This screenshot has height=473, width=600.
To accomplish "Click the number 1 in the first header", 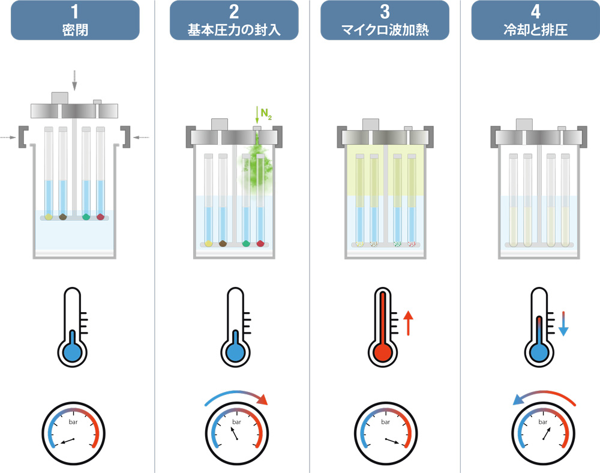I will [x=75, y=12].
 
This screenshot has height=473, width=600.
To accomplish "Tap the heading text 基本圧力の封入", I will [x=234, y=29].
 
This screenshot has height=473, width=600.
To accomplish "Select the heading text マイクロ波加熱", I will [x=385, y=29].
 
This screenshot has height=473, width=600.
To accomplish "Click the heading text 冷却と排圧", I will [x=536, y=29].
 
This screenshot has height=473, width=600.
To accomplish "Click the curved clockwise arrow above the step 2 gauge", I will [x=236, y=396].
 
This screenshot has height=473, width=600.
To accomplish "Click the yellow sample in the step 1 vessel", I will [x=49, y=216].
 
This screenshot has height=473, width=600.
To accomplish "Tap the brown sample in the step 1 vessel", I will [x=63, y=216].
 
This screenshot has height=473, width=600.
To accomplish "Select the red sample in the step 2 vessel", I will [x=260, y=243].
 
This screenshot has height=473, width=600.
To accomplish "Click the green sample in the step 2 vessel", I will [x=246, y=243].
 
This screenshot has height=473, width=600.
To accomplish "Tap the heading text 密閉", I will [x=75, y=29].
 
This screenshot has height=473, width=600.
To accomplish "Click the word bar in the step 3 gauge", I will [x=385, y=421].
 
